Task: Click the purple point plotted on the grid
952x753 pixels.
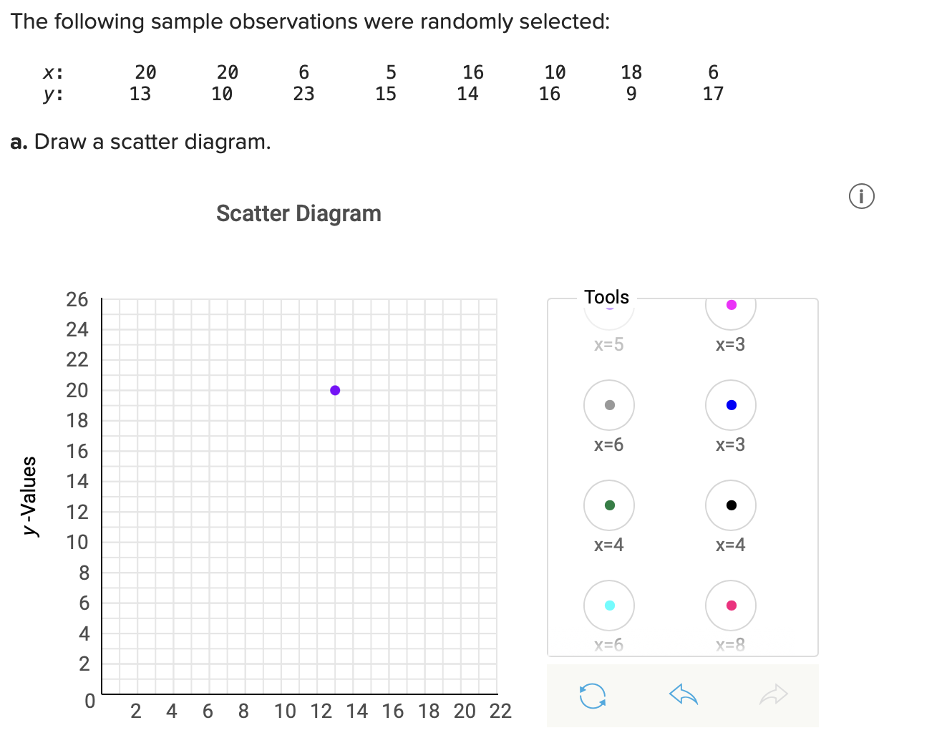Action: [x=335, y=390]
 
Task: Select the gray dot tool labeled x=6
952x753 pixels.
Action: [x=609, y=405]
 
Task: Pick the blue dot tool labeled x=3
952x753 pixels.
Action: [x=731, y=405]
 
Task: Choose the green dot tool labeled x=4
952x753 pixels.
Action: [x=609, y=505]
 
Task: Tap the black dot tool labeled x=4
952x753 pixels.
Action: [x=731, y=505]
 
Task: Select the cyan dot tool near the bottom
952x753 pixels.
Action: [x=609, y=606]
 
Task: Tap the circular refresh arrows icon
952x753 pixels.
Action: [x=593, y=695]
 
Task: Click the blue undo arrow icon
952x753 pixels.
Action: [x=683, y=694]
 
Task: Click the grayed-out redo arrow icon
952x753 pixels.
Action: [x=773, y=694]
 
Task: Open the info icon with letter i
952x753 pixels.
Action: [x=862, y=196]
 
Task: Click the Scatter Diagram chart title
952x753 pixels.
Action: [x=298, y=213]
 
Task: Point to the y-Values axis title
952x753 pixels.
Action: [x=29, y=495]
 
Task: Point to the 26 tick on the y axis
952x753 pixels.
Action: [x=77, y=299]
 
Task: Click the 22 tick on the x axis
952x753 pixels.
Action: [x=500, y=711]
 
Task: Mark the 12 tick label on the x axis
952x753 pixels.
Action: [x=321, y=711]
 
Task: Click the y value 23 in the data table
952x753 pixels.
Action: [x=303, y=94]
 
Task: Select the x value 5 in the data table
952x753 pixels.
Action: [x=391, y=72]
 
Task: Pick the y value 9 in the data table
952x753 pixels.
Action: [x=631, y=94]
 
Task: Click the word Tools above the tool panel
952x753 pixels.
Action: [x=606, y=297]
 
